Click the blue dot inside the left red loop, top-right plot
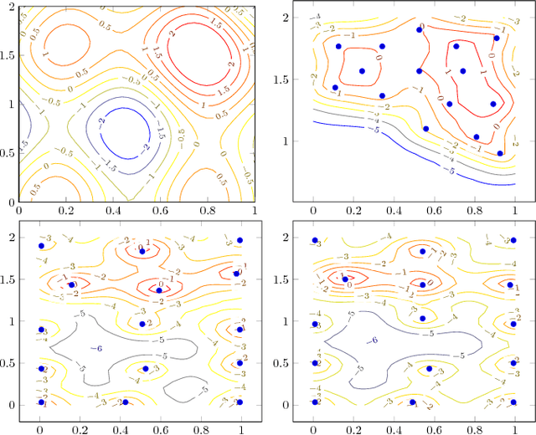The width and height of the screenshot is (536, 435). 363,71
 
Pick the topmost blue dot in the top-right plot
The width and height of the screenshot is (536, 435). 420,30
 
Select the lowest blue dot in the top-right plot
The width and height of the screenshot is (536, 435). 500,153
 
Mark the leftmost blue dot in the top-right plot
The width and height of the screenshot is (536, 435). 335,88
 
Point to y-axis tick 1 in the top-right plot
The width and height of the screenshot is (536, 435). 285,141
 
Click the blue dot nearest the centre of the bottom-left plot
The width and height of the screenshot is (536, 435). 142,324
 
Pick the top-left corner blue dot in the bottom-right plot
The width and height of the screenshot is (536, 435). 315,240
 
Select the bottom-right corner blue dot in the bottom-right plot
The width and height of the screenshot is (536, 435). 513,402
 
